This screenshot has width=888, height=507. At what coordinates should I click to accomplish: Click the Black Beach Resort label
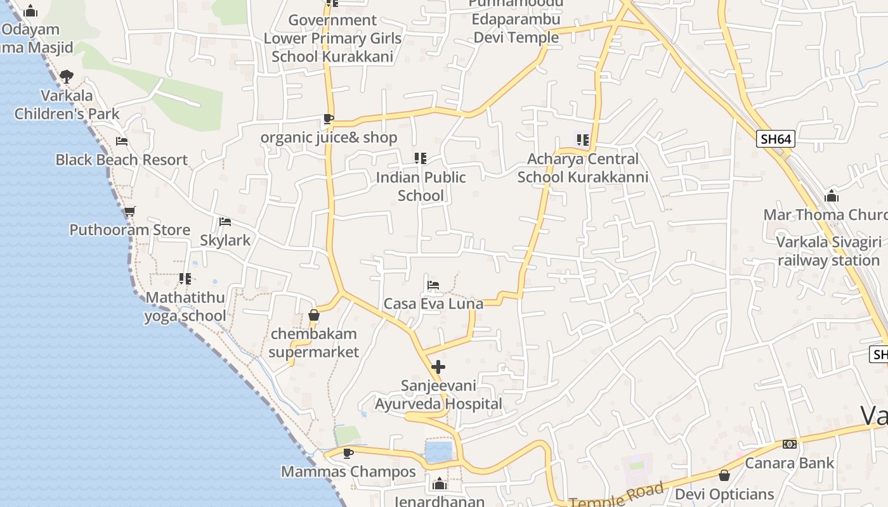click(x=121, y=160)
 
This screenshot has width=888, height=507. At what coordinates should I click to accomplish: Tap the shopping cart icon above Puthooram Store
click(x=129, y=211)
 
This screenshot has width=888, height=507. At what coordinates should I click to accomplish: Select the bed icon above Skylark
click(x=225, y=222)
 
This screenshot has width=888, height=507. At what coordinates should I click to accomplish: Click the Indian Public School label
click(x=421, y=186)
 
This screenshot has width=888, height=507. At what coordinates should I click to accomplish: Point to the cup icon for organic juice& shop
click(x=328, y=119)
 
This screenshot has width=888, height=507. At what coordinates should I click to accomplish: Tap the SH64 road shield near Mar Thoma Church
click(x=776, y=139)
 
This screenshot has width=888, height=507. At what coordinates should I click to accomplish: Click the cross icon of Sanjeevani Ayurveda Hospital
click(x=438, y=367)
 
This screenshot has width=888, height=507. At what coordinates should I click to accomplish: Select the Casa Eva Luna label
click(x=433, y=304)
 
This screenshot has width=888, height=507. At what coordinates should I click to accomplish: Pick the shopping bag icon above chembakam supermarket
click(x=313, y=315)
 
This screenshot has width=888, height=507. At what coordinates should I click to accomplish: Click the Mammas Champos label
click(x=348, y=472)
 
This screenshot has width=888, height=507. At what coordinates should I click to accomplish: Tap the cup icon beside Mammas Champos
click(x=348, y=453)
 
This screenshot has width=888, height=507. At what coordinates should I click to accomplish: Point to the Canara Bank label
click(x=789, y=463)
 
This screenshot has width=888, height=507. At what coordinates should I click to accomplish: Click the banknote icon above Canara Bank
click(x=789, y=444)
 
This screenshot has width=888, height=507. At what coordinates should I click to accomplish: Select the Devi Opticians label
click(x=724, y=494)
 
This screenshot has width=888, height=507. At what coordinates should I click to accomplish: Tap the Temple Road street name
click(x=616, y=495)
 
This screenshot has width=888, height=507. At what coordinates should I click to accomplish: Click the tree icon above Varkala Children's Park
click(x=67, y=77)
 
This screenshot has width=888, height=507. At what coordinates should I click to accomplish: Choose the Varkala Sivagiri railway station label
click(x=828, y=251)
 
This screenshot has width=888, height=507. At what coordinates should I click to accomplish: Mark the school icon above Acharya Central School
click(x=582, y=140)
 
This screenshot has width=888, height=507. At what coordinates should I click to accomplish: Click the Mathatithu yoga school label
click(x=185, y=307)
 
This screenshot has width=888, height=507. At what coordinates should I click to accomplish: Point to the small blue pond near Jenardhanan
click(x=438, y=452)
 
